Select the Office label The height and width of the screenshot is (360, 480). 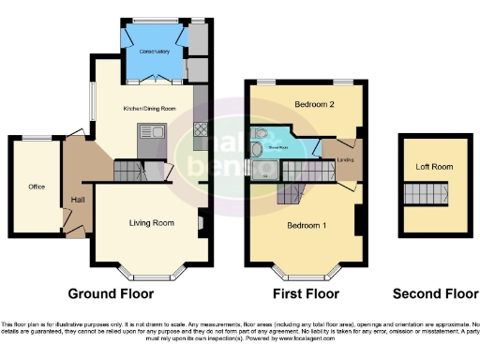(x=37, y=187)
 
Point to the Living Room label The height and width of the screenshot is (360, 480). (x=152, y=223)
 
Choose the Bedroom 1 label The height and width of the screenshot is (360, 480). (x=306, y=226)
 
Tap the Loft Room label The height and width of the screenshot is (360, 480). (x=434, y=168)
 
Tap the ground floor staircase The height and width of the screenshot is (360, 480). (x=130, y=172)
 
